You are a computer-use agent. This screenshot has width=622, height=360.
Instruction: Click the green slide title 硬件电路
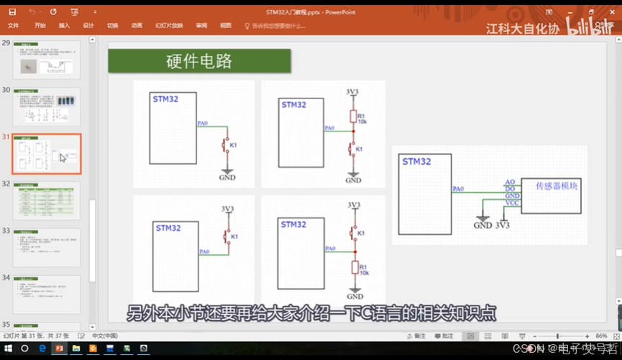(x=199, y=61)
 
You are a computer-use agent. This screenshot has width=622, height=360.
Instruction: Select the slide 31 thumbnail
(x=47, y=154)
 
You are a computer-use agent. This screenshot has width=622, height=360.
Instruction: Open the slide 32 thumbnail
(x=47, y=200)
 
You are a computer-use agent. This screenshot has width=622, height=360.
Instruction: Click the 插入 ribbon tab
(x=64, y=25)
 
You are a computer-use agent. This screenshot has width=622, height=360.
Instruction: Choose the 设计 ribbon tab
(x=88, y=25)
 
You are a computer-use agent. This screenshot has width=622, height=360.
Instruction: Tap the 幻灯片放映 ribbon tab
(x=169, y=25)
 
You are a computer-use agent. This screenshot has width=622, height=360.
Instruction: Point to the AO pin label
(x=510, y=181)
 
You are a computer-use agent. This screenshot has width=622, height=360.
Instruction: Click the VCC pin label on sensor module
(x=511, y=203)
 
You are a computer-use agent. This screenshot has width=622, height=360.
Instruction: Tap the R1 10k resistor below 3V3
(x=353, y=116)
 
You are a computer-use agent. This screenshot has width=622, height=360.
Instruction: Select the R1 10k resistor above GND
(x=353, y=268)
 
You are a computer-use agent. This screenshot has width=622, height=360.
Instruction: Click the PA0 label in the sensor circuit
(x=458, y=189)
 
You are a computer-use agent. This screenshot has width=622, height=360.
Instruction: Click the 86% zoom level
(x=602, y=336)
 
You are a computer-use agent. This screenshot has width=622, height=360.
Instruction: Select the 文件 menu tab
(x=13, y=25)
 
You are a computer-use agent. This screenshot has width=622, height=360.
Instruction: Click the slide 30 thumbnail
(x=47, y=107)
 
